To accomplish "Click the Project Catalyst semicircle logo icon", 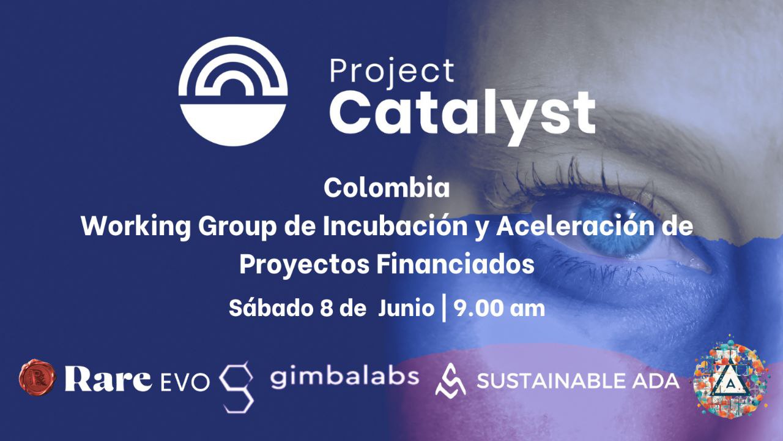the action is pos(233,91).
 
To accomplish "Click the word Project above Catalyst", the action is pos(392,73).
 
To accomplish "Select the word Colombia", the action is pos(387,188).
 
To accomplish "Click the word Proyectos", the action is pos(305,265).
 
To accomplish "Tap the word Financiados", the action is pos(456,264).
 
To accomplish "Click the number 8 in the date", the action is pos(326,309).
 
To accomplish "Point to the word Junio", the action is pos(406,309).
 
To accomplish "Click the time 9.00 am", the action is pos(499,309).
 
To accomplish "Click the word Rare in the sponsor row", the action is pos(108,380).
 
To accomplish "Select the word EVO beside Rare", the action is pos(185,382).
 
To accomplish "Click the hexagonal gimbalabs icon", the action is pos(237,388).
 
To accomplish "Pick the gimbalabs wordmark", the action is pos(344,377).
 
